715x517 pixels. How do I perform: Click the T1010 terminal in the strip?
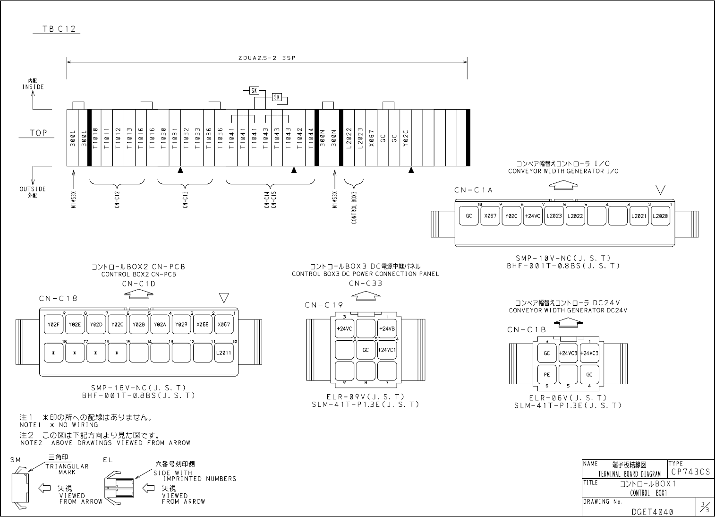click(x=95, y=138)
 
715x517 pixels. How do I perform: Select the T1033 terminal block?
click(x=197, y=138)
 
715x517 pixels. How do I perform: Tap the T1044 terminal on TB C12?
click(x=311, y=138)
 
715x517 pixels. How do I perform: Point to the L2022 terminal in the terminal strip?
click(x=349, y=138)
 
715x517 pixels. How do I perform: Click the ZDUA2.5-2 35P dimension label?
click(x=267, y=59)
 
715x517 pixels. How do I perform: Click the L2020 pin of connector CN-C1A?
click(x=660, y=216)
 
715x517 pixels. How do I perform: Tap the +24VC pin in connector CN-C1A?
click(x=533, y=216)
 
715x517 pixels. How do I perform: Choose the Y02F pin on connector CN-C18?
click(x=53, y=324)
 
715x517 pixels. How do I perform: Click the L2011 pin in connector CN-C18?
click(x=223, y=353)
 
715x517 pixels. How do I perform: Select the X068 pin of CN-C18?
click(x=202, y=324)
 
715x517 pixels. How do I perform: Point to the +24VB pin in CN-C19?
click(x=387, y=328)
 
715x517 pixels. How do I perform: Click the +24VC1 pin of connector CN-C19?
click(x=387, y=350)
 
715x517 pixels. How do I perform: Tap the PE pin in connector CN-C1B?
click(x=547, y=375)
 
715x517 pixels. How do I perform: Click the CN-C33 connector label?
click(x=366, y=284)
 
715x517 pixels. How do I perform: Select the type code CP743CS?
click(x=690, y=471)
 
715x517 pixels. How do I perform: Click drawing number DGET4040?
click(x=652, y=511)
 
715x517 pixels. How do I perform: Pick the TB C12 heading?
click(x=56, y=29)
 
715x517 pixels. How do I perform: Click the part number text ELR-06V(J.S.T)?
click(x=568, y=398)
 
